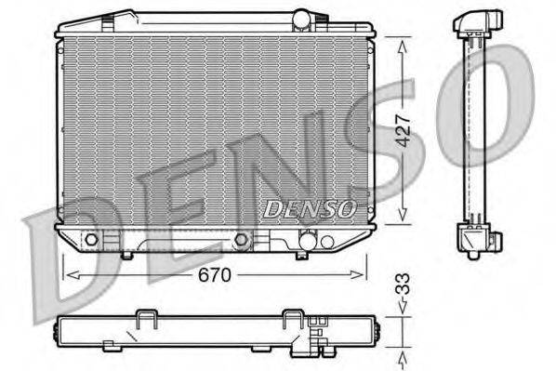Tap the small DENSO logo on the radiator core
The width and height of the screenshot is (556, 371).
pyautogui.click(x=308, y=208)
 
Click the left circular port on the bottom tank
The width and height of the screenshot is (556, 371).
pyautogui.click(x=90, y=241)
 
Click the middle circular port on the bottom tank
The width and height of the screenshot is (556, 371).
pyautogui.click(x=242, y=241)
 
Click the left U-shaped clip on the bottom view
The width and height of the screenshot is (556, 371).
pyautogui.click(x=147, y=320)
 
